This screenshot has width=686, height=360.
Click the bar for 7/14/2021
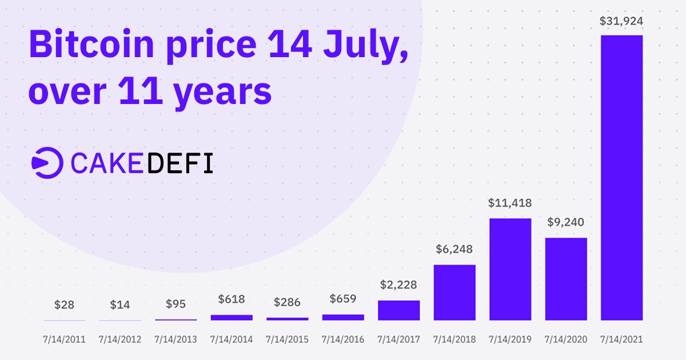[x=621, y=177]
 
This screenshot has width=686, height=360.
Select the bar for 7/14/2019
[x=510, y=269]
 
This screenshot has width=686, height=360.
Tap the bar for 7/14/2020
[x=566, y=278]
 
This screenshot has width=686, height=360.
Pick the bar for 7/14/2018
[x=454, y=292]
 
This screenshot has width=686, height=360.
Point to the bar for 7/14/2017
[x=398, y=310]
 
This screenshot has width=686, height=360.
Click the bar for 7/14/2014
[x=232, y=317]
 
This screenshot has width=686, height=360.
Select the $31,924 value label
[x=621, y=22]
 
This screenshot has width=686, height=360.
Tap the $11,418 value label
[x=510, y=203]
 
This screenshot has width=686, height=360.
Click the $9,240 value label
[x=566, y=222]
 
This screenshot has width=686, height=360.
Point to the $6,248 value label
[x=454, y=250]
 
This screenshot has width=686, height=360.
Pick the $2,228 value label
[x=398, y=285]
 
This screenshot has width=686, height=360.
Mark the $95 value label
[x=176, y=304]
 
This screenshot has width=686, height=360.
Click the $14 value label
[x=119, y=305]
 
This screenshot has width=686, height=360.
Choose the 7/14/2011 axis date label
[x=64, y=339]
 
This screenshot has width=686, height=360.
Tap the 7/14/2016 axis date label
[x=343, y=339]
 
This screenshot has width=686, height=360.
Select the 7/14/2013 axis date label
[x=176, y=339]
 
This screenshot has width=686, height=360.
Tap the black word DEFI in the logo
[x=180, y=163]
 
